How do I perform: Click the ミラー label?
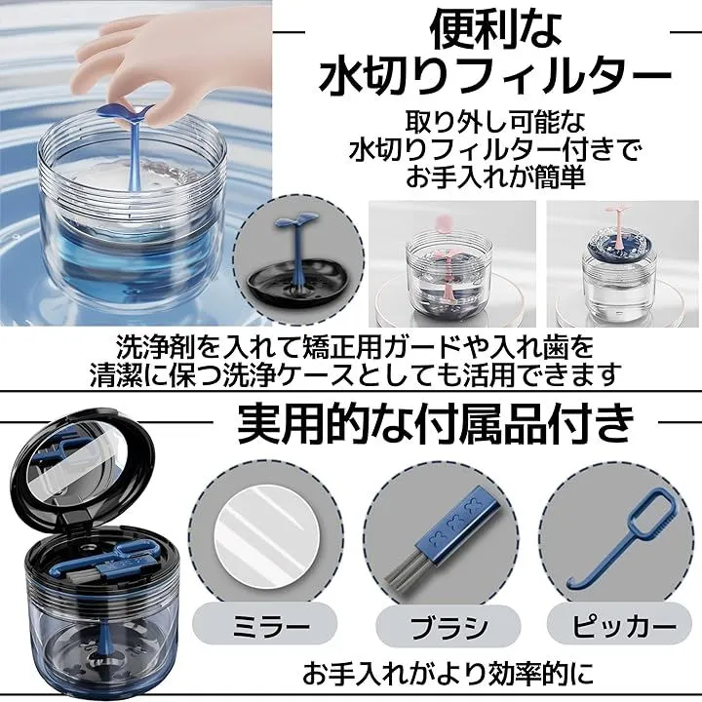pos(264,626)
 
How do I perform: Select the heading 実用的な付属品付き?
pos(435,422)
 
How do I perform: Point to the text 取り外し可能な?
pos(495,122)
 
